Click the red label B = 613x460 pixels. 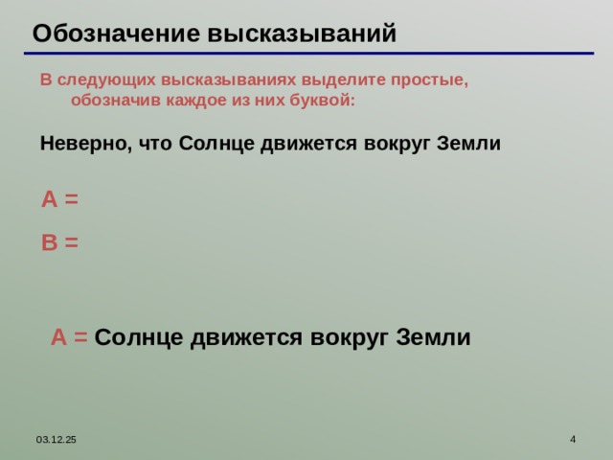[59, 242]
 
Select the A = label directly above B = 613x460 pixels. [59, 199]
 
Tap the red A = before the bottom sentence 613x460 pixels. [69, 337]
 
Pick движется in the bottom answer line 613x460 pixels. [242, 337]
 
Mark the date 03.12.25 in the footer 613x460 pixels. [57, 439]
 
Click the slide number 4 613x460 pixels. [572, 439]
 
